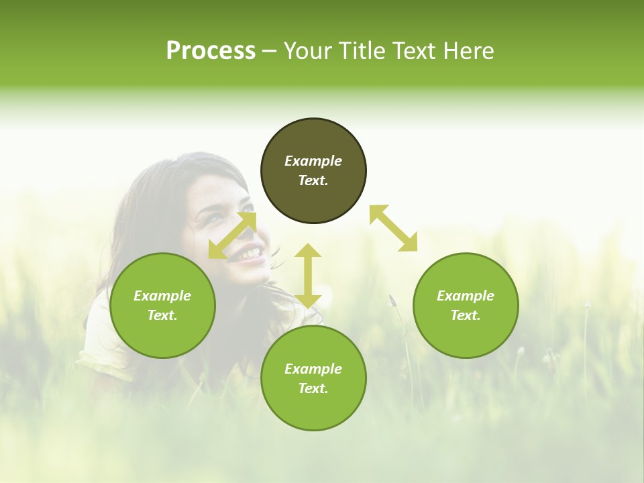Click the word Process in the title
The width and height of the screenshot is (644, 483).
(x=211, y=51)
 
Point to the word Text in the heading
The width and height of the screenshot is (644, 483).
(x=413, y=51)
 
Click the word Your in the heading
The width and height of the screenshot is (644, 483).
(x=307, y=51)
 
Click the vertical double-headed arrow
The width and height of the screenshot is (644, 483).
(x=307, y=276)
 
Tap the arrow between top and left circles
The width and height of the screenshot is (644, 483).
(x=232, y=235)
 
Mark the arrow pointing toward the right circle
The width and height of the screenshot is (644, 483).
(x=393, y=228)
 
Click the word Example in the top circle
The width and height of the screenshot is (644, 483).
(x=313, y=161)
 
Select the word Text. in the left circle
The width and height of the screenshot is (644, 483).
(x=162, y=315)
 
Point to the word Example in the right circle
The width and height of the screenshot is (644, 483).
(x=466, y=296)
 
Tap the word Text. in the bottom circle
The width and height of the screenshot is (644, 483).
(x=313, y=388)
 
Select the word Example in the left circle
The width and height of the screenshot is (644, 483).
(x=162, y=296)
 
